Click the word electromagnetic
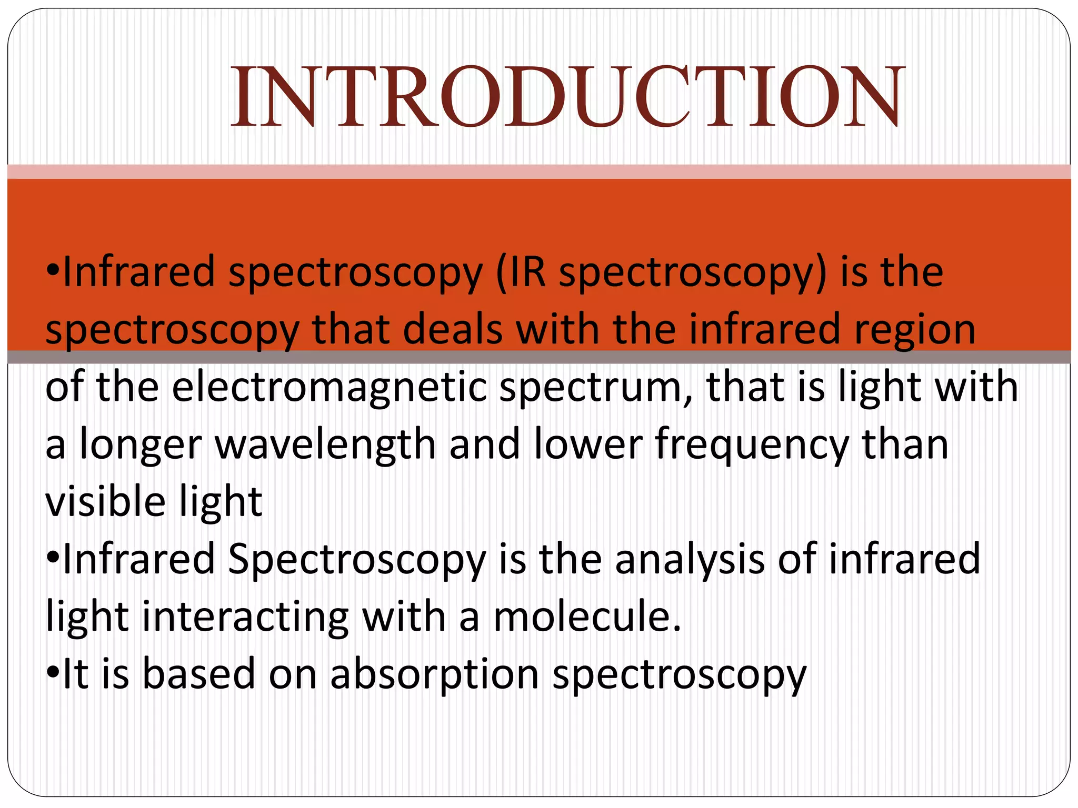(330, 388)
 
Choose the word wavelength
(325, 445)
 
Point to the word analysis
(690, 560)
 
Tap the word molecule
(586, 617)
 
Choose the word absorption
(434, 675)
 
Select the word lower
(587, 445)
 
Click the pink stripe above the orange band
(539, 171)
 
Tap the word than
(905, 445)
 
